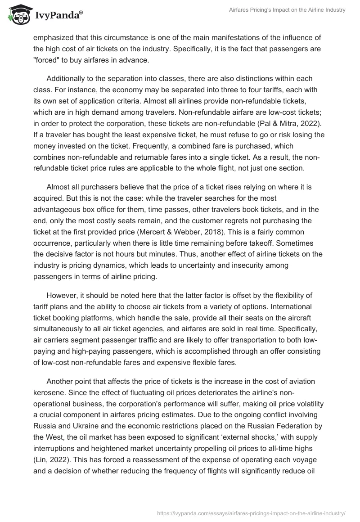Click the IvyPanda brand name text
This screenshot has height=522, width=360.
click(x=58, y=16)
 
